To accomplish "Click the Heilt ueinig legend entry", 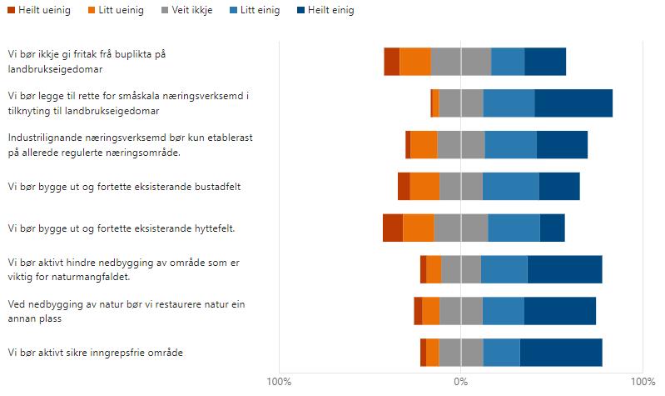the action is click(39, 10).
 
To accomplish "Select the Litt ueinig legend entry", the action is click(116, 10).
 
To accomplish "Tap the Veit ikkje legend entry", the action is click(186, 10).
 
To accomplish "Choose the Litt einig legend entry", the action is click(255, 10).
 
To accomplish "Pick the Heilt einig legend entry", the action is click(325, 10).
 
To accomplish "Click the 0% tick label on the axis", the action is click(460, 381).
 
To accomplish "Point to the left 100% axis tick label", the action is click(279, 381).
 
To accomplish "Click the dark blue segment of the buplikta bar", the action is click(545, 62).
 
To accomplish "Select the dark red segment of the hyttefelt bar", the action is click(393, 228).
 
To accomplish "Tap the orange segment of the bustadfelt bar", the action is click(424, 186).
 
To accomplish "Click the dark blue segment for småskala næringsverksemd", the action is click(573, 103).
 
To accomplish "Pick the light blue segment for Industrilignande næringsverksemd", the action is click(511, 145).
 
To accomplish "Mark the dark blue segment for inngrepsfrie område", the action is click(561, 353).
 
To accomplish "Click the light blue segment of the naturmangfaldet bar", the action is click(504, 269).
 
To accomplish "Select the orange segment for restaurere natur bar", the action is click(431, 311).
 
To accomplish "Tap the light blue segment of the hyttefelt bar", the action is click(514, 228).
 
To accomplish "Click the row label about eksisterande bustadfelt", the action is click(124, 187).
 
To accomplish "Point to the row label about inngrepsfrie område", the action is click(96, 353).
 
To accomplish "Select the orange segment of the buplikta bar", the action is click(415, 62).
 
